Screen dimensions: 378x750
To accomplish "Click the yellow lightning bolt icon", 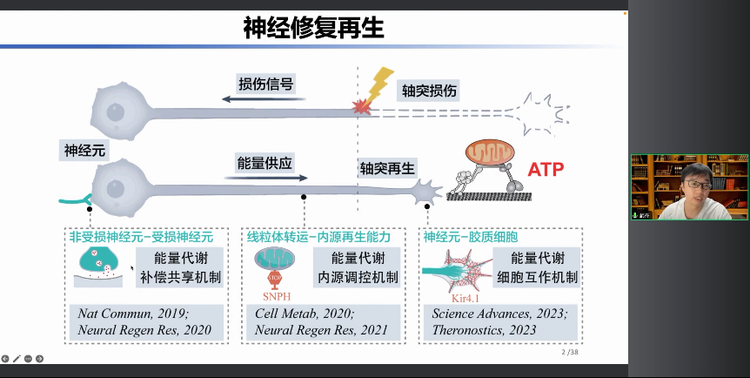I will pyautogui.click(x=379, y=84).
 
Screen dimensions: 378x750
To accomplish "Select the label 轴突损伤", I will pyautogui.click(x=429, y=90).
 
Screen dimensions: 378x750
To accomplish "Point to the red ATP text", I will pyautogui.click(x=546, y=168).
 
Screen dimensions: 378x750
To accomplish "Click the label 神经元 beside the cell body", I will pyautogui.click(x=84, y=150).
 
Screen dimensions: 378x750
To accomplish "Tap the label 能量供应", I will pyautogui.click(x=265, y=162).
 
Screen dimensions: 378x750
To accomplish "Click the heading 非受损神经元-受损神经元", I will pyautogui.click(x=141, y=237).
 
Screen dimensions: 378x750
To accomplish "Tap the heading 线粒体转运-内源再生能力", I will pyautogui.click(x=318, y=237).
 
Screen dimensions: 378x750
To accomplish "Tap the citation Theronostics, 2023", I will pyautogui.click(x=484, y=330).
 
